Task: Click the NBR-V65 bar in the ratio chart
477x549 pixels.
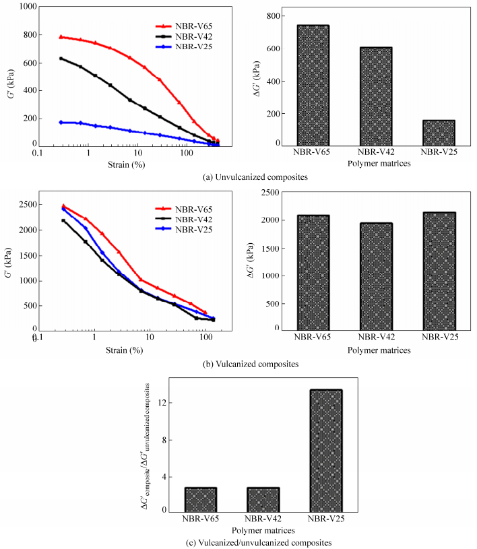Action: [x=201, y=499]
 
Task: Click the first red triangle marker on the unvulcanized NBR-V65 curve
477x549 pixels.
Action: [x=61, y=37]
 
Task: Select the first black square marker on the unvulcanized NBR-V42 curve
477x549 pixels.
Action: [x=61, y=59]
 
